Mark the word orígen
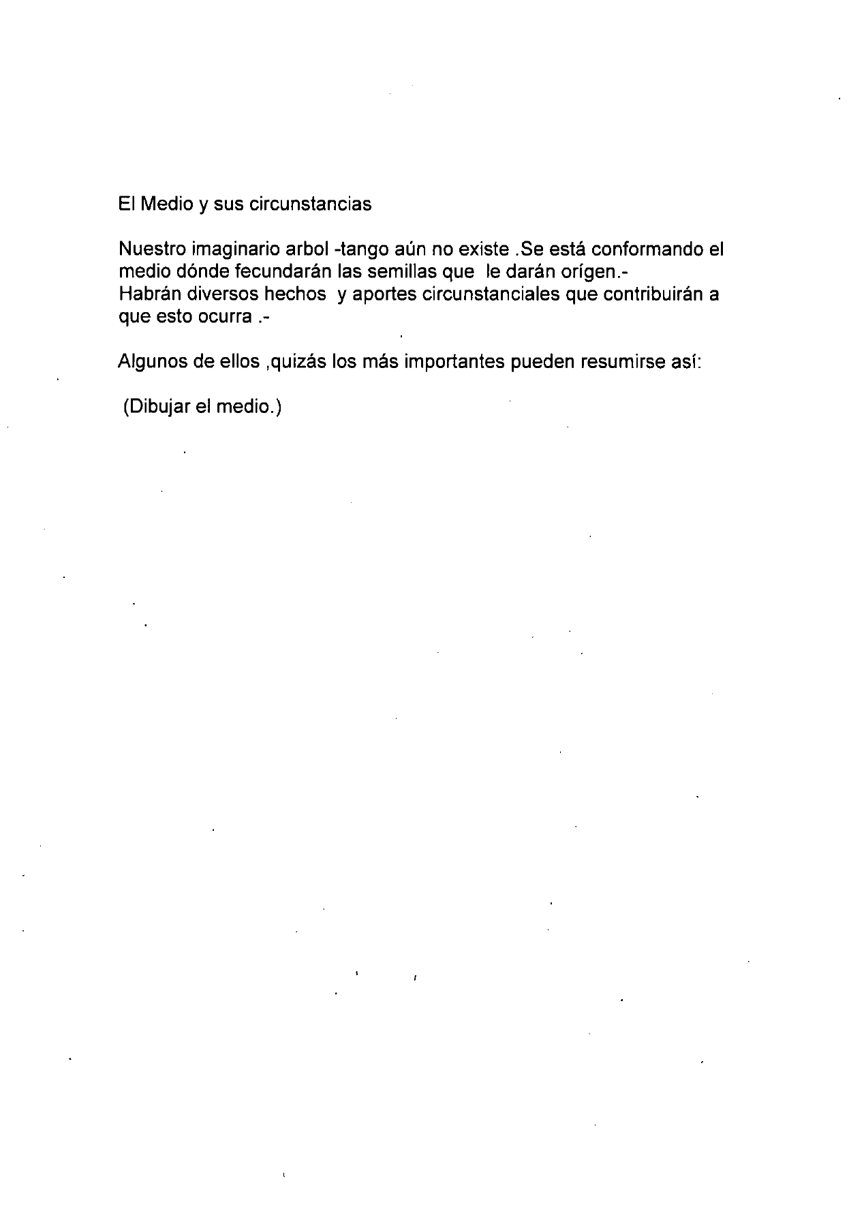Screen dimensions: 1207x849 click(584, 271)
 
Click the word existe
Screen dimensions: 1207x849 click(478, 249)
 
